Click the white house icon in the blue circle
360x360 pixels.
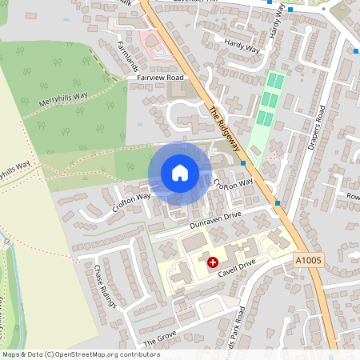tap(179, 172)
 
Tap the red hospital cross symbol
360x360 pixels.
tap(213, 262)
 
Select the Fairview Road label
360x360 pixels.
tap(160, 78)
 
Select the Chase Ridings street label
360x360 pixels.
tap(106, 286)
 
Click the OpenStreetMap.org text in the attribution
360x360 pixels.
tap(96, 354)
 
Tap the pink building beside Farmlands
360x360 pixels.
tap(153, 42)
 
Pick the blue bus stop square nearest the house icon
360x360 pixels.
tap(242, 163)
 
